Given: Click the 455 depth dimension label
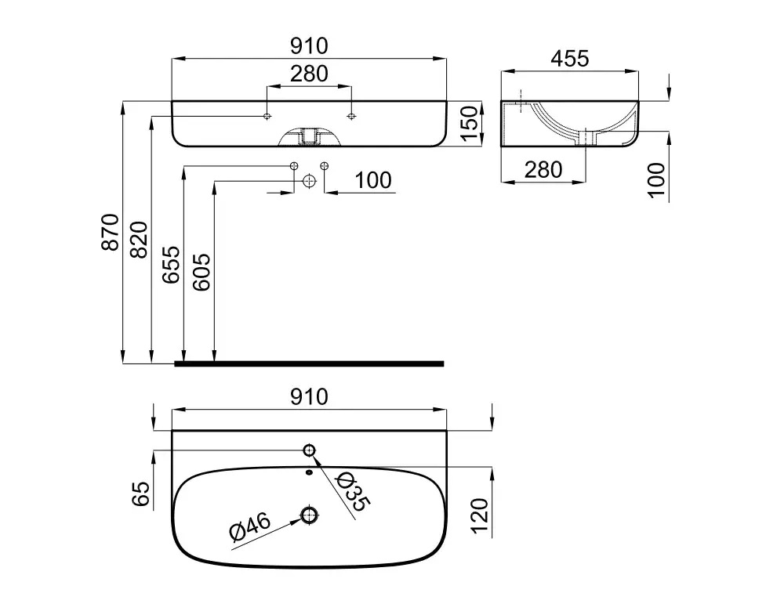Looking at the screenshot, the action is click(x=570, y=59).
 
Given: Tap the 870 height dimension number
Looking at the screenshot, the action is click(x=111, y=232).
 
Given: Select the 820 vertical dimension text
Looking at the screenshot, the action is click(x=139, y=240).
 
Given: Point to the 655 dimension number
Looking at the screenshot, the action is click(x=172, y=264).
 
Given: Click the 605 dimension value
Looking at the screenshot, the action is click(x=202, y=272).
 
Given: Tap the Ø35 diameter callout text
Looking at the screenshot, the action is click(x=352, y=491).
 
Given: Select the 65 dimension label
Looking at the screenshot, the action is click(x=140, y=494).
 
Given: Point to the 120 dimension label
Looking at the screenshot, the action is click(x=480, y=516).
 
